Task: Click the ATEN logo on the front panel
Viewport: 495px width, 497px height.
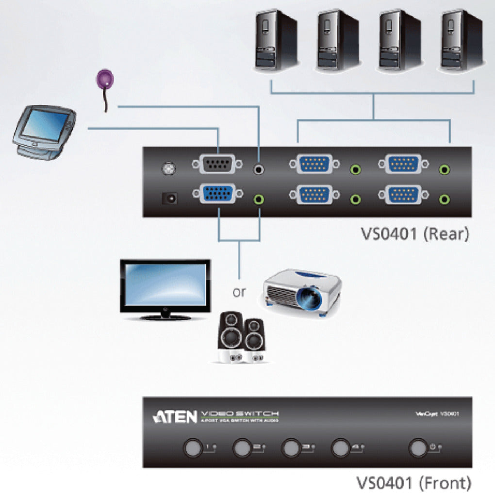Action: [x=175, y=417]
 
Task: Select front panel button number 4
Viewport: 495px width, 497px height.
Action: [x=340, y=447]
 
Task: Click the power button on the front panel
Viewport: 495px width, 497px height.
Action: [x=417, y=447]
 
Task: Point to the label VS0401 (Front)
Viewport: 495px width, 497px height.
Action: [x=414, y=483]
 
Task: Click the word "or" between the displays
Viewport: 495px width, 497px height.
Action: [x=239, y=292]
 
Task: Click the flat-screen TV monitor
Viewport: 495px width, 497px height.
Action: [x=165, y=289]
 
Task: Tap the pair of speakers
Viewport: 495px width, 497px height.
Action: [x=241, y=338]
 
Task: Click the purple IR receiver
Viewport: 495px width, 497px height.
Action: [x=104, y=80]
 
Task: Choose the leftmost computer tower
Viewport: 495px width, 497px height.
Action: [x=276, y=41]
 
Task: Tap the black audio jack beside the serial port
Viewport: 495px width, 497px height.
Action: [x=260, y=169]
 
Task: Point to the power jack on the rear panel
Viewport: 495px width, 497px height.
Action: [x=169, y=198]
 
